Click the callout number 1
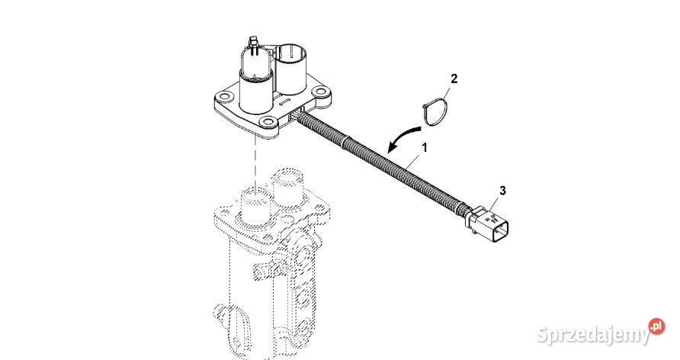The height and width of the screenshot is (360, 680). pyautogui.click(x=425, y=147)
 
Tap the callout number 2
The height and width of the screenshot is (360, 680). pyautogui.click(x=454, y=79)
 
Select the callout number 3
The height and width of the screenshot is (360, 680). pyautogui.click(x=502, y=191)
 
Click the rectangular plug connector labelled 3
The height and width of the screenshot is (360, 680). pyautogui.click(x=487, y=222)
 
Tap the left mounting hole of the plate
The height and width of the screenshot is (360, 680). pyautogui.click(x=224, y=96)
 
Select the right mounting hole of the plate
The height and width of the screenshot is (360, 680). pyautogui.click(x=320, y=92)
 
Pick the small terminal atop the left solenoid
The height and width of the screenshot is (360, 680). pyautogui.click(x=252, y=43)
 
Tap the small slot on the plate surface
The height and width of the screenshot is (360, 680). pyautogui.click(x=283, y=102)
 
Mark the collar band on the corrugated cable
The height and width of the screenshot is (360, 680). pyautogui.click(x=345, y=142)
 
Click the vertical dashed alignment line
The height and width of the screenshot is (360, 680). pyautogui.click(x=256, y=166)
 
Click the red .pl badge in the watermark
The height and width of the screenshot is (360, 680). pyautogui.click(x=656, y=326)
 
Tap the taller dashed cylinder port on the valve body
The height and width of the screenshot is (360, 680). pyautogui.click(x=286, y=187)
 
